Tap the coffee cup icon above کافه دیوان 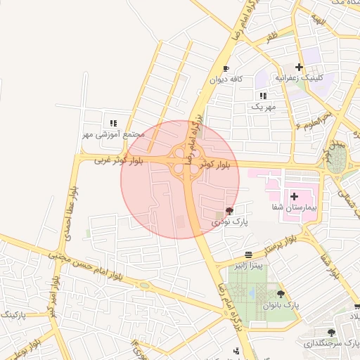point(226,68)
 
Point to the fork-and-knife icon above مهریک point(263,96)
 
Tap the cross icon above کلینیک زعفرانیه point(300,67)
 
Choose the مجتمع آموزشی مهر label point(113,134)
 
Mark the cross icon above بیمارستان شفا point(294,196)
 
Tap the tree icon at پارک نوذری point(230,210)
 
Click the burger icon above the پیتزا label point(249,255)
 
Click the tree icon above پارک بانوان point(281,294)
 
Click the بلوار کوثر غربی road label point(119,161)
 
